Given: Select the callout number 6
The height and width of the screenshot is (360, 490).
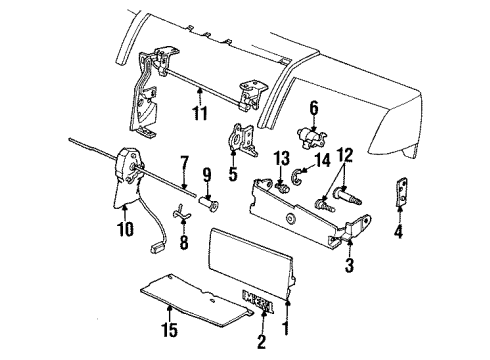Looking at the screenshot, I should (312, 108).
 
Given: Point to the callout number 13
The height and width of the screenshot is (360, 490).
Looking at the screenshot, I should (281, 157).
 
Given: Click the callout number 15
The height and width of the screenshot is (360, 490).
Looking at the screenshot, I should (166, 322).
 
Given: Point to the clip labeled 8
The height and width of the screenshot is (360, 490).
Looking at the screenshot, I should (182, 212).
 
